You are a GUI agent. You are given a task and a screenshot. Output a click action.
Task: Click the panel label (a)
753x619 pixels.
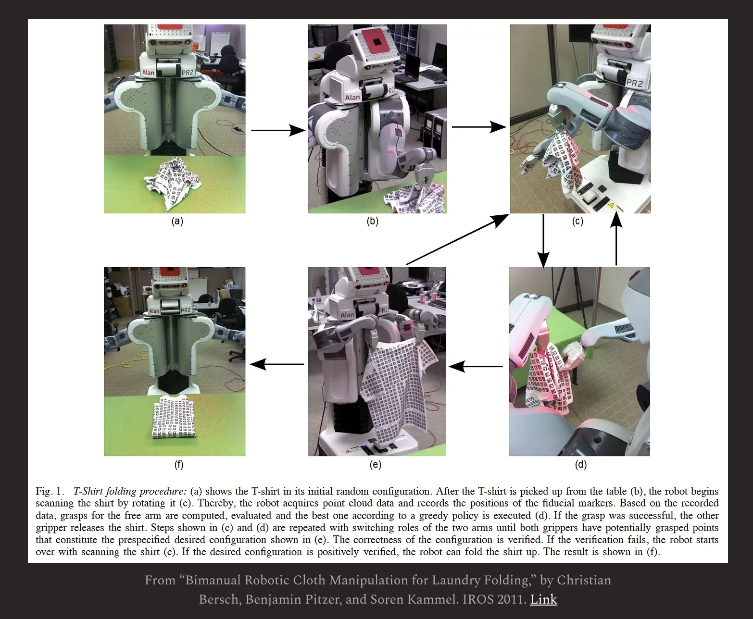click(177, 221)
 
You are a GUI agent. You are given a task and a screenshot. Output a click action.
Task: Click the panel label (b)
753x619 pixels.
click(372, 221)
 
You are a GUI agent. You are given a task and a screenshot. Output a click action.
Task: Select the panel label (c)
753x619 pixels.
click(577, 221)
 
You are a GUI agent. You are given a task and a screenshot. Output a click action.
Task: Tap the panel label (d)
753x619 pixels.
click(580, 464)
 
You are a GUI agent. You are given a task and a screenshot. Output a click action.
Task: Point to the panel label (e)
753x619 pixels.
click(375, 464)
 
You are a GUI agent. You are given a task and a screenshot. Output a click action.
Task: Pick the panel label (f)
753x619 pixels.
click(178, 464)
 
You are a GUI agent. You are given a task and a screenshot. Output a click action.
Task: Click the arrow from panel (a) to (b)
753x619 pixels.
click(278, 130)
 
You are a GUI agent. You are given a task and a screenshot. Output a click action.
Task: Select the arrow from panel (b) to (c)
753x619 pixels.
click(479, 127)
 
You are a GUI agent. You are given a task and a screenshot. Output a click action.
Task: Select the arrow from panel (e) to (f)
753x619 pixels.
click(277, 364)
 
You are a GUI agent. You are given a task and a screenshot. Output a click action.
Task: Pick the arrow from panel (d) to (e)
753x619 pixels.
click(476, 367)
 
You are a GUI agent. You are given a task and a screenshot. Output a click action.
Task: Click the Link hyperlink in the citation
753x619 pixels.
click(543, 599)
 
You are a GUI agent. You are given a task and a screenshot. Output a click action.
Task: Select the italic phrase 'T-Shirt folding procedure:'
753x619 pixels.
click(130, 491)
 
